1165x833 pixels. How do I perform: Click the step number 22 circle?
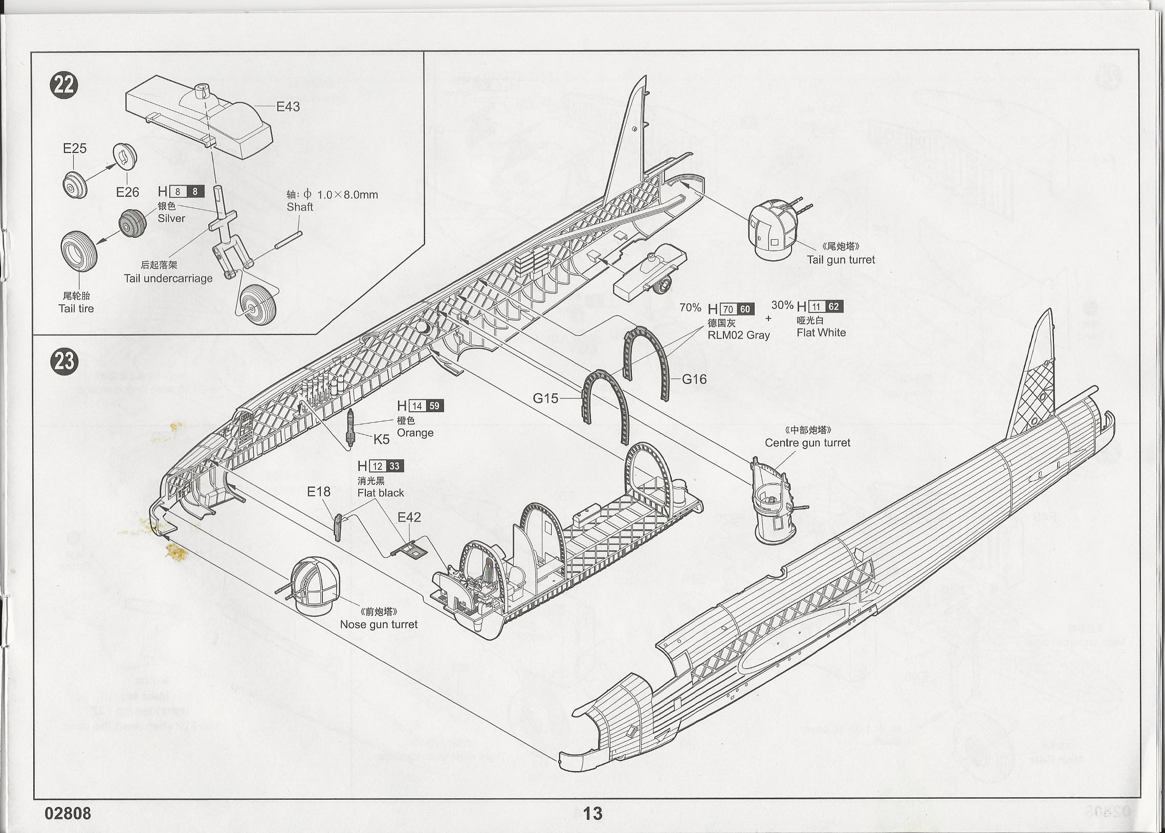[63, 85]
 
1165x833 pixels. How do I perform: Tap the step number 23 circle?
[63, 361]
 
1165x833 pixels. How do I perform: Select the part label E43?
[288, 107]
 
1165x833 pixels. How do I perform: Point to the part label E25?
[74, 148]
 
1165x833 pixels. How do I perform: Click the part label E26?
[127, 192]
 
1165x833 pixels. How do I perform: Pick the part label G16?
[694, 379]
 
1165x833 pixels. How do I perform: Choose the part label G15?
[545, 398]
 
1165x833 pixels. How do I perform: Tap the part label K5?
[381, 439]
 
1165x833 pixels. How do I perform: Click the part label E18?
[319, 492]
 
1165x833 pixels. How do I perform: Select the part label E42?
[409, 517]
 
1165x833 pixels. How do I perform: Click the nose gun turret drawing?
[313, 587]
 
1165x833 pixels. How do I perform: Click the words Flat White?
[821, 332]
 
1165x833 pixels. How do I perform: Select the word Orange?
[415, 433]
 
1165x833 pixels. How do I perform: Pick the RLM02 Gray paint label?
[738, 335]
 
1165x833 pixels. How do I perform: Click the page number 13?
[593, 813]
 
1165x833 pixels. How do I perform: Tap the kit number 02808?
[68, 814]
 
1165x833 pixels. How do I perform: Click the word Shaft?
[300, 207]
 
